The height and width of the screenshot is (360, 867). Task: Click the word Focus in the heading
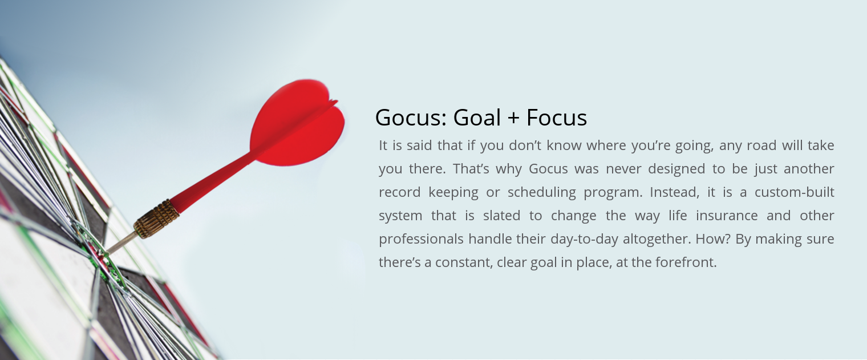pyautogui.click(x=557, y=118)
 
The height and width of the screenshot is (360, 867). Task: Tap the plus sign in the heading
pyautogui.click(x=513, y=118)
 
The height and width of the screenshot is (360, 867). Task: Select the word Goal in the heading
pyautogui.click(x=477, y=118)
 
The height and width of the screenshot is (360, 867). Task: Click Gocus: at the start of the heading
pyautogui.click(x=411, y=118)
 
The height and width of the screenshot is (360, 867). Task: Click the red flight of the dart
pyautogui.click(x=298, y=124)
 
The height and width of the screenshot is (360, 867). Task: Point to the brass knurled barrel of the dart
pyautogui.click(x=157, y=219)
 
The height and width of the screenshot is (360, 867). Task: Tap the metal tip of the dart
pyautogui.click(x=120, y=243)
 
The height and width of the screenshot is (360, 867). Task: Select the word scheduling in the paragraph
pyautogui.click(x=541, y=192)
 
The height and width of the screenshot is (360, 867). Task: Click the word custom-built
pyautogui.click(x=794, y=192)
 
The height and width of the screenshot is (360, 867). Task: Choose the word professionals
pyautogui.click(x=421, y=239)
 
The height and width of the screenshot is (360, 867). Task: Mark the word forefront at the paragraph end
pyautogui.click(x=686, y=262)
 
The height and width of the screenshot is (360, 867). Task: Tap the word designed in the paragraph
pyautogui.click(x=676, y=169)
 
